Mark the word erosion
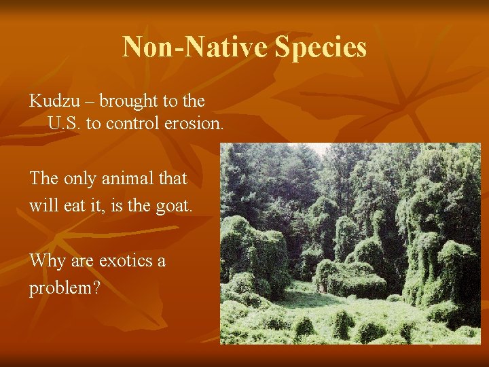(192, 124)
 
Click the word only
(80, 179)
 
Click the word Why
(46, 261)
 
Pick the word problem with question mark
(65, 287)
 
